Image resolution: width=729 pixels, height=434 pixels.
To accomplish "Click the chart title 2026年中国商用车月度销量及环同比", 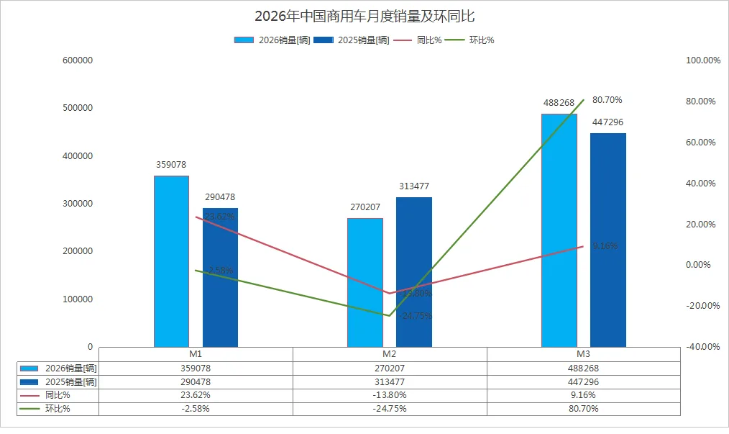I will [x=364, y=17].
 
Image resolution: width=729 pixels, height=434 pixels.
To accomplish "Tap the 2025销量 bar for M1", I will [x=220, y=277].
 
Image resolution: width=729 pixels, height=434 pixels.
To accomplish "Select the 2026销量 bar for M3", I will [x=559, y=230].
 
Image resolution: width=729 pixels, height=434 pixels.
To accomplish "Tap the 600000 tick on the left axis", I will [x=78, y=60].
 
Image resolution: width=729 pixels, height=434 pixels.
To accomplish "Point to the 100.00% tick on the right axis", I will [x=702, y=60].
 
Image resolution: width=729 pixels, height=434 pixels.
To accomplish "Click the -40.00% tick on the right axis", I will [x=702, y=346].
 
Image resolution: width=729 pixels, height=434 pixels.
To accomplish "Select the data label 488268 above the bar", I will [x=559, y=103].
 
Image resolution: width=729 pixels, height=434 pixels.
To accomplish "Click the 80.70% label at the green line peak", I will [x=607, y=99].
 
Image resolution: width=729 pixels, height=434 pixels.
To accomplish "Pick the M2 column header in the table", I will [x=390, y=354].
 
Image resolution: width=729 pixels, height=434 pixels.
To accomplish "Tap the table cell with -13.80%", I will [x=390, y=395].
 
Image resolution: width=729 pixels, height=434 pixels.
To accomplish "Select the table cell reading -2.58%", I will [x=196, y=409].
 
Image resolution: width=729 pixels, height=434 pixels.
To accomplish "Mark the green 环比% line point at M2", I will [x=390, y=315].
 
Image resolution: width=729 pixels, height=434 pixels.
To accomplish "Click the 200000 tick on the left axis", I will [x=78, y=251].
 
